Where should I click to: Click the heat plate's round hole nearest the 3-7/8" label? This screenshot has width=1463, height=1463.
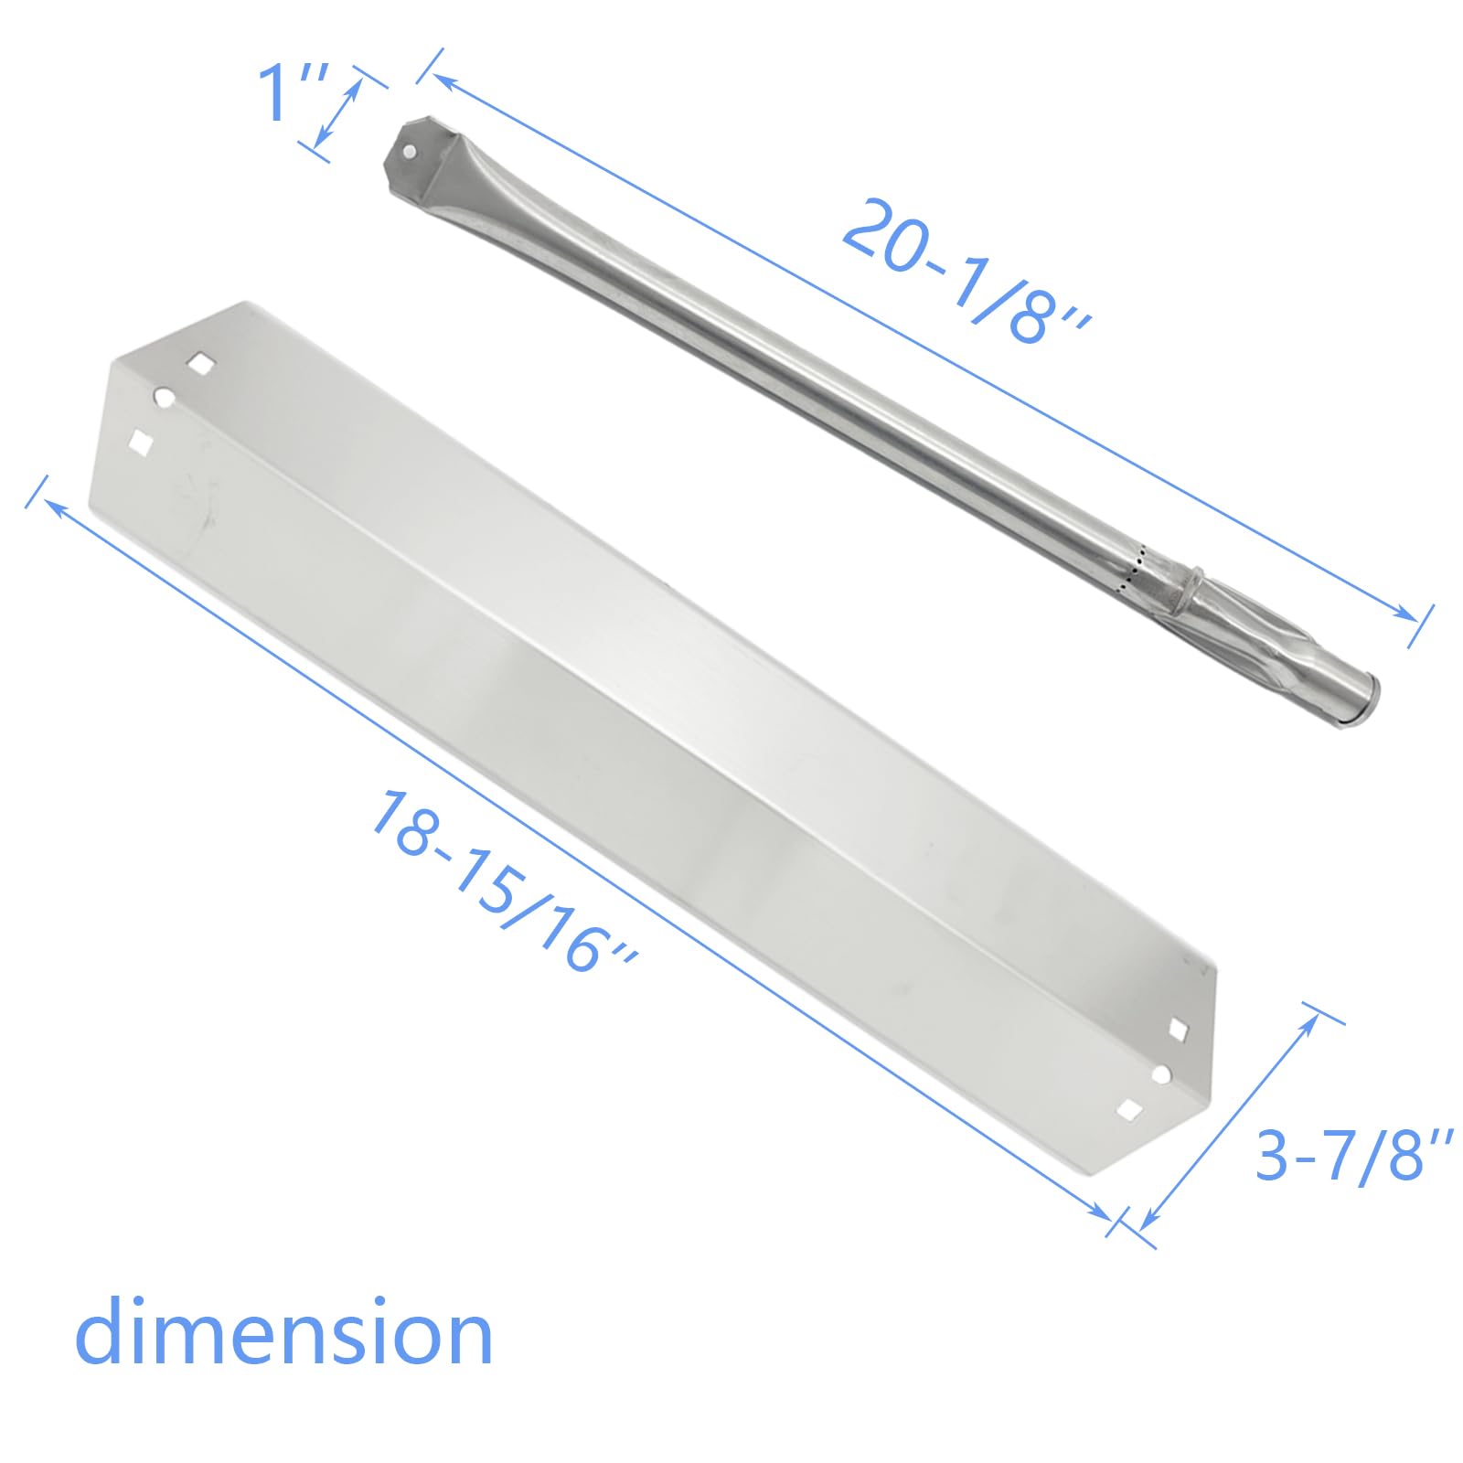pos(1161,1075)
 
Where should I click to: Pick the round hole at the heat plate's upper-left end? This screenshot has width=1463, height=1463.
pos(165,398)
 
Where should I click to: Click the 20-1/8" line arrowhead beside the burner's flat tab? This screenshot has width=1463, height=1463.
pos(443,80)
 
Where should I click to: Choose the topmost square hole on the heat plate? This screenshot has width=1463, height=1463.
pos(200,364)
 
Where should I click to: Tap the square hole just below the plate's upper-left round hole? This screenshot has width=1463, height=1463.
pos(141,442)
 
